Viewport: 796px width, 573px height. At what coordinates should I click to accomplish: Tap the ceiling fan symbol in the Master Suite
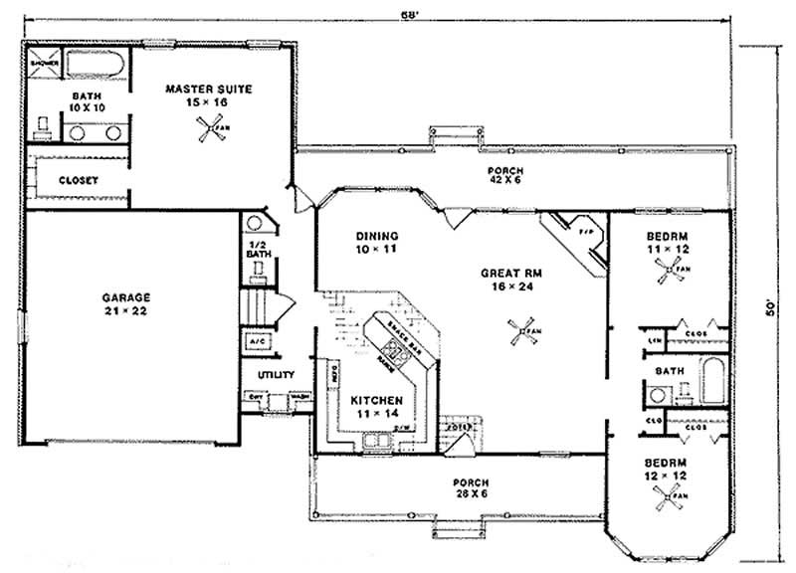pyautogui.click(x=210, y=127)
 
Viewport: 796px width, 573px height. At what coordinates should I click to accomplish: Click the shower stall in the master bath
pyautogui.click(x=45, y=61)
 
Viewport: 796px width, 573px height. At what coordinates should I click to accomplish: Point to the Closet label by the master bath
pyautogui.click(x=77, y=180)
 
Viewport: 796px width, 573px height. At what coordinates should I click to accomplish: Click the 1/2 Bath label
pyautogui.click(x=258, y=249)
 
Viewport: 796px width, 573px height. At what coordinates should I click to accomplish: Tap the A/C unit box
pyautogui.click(x=257, y=341)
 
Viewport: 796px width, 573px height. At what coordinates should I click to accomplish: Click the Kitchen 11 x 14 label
pyautogui.click(x=376, y=407)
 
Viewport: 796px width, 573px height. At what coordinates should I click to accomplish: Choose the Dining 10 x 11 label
pyautogui.click(x=376, y=242)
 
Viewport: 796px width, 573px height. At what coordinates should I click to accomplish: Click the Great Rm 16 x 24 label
pyautogui.click(x=508, y=276)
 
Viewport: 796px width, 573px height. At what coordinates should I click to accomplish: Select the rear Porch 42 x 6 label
pyautogui.click(x=512, y=176)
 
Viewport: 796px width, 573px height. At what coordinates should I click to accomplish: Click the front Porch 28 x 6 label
pyautogui.click(x=468, y=488)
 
